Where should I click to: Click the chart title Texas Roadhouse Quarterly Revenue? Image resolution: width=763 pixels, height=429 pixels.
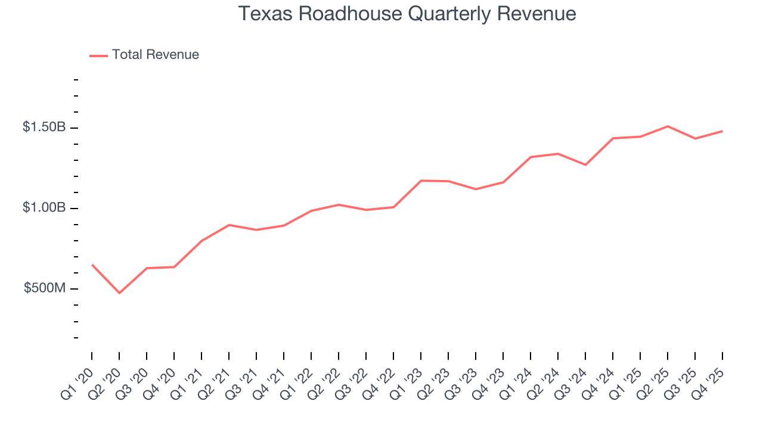(407, 14)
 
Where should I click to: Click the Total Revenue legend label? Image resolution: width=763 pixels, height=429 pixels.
(155, 55)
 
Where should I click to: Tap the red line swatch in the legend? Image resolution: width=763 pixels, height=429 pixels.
(98, 55)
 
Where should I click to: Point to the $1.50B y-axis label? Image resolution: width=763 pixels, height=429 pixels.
(44, 127)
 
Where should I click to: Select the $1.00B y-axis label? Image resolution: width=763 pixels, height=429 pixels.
(44, 207)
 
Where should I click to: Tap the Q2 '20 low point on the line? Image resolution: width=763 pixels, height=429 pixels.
(119, 293)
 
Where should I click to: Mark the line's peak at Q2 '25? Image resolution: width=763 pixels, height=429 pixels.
(668, 126)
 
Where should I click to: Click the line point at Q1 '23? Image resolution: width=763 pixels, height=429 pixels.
(421, 181)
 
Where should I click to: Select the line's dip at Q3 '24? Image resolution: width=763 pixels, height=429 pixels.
(585, 164)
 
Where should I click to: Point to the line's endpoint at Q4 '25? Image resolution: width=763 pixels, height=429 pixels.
(722, 131)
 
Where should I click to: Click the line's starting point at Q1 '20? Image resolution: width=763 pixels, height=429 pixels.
(92, 265)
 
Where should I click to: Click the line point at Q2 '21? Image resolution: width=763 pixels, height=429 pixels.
(229, 225)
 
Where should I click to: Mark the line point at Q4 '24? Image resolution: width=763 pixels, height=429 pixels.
(613, 138)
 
